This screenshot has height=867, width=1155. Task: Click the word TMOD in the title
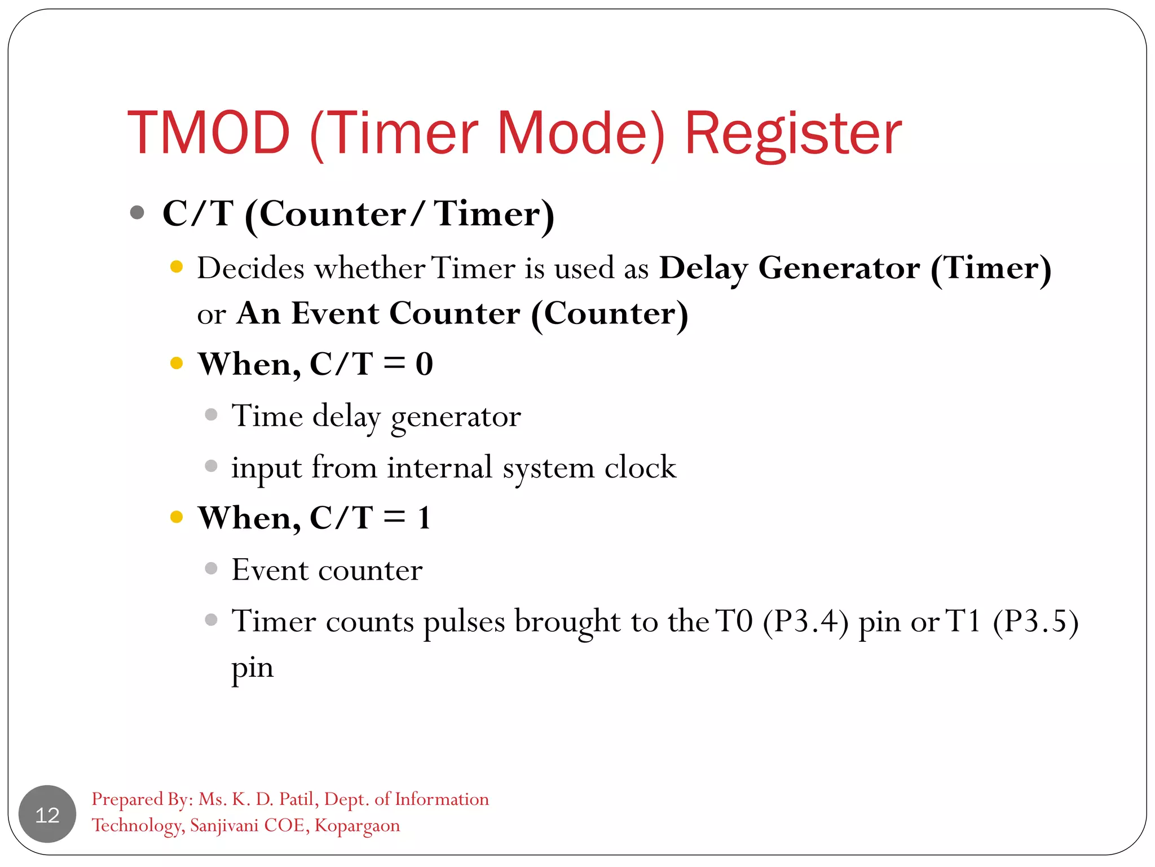point(209,133)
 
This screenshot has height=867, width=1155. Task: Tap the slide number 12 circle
point(47,815)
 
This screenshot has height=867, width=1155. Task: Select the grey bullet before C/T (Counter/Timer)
point(137,213)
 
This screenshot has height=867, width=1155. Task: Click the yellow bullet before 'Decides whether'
point(177,266)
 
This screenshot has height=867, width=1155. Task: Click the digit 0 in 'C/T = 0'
point(424,364)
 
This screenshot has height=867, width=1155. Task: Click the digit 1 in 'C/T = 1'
point(424,518)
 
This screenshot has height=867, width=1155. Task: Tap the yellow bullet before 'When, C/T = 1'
point(177,516)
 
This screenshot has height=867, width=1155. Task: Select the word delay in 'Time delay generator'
point(346,417)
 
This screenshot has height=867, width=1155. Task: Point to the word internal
point(440,467)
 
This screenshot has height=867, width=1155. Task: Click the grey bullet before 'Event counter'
point(211,568)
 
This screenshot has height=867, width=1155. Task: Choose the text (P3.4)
point(805,621)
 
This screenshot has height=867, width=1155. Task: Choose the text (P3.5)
point(1035,621)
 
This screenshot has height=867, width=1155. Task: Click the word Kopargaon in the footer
point(357,826)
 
